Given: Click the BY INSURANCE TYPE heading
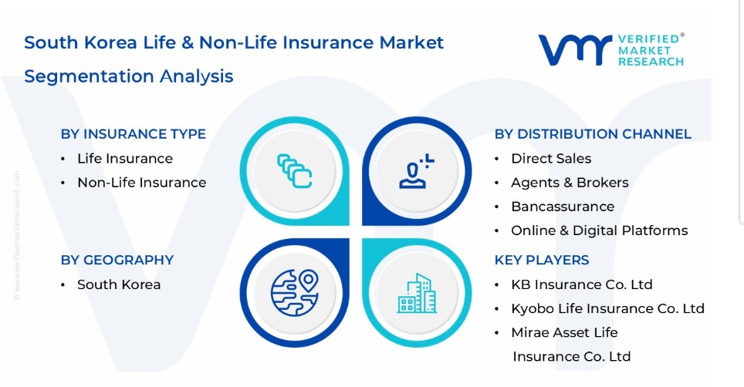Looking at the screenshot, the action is [134, 134].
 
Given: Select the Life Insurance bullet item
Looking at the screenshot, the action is [125, 158].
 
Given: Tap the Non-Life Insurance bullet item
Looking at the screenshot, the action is [142, 183].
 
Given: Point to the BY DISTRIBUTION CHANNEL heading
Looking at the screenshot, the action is [593, 134].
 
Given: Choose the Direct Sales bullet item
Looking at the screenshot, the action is [551, 158].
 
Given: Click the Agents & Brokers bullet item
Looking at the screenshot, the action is [570, 183].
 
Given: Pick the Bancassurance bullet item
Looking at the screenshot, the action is [563, 207].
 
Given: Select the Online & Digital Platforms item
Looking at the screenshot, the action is [599, 231].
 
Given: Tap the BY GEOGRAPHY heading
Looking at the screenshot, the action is [117, 260].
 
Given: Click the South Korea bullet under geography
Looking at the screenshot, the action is [119, 284].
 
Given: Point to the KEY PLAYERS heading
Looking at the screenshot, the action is [541, 260].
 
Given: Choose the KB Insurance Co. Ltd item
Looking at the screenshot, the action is [582, 284].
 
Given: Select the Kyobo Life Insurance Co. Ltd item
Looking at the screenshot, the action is [607, 309].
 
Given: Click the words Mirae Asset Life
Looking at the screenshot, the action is [564, 332].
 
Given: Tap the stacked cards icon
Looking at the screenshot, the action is [295, 171].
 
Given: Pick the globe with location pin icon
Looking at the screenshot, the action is [295, 292].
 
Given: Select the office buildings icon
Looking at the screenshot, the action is [417, 293].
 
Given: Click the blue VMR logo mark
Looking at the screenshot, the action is [575, 50].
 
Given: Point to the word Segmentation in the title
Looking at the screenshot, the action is [89, 76].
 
